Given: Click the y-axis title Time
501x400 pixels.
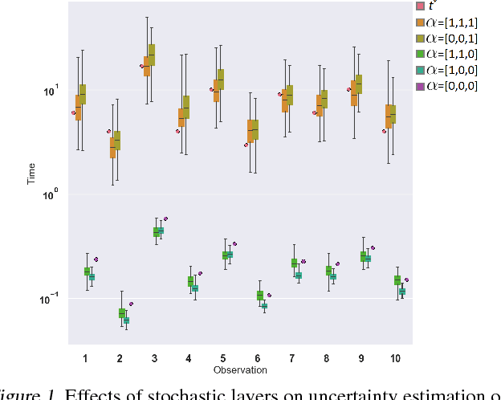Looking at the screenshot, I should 32,173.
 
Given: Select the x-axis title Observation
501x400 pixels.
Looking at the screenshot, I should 240,370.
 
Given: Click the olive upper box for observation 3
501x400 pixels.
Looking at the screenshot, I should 151,55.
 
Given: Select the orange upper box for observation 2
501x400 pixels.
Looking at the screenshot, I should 112,148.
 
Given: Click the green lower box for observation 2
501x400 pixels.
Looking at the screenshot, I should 121,312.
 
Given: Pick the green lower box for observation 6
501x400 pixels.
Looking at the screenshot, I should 259,296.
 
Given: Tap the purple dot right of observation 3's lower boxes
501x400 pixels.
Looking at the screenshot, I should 165,218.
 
